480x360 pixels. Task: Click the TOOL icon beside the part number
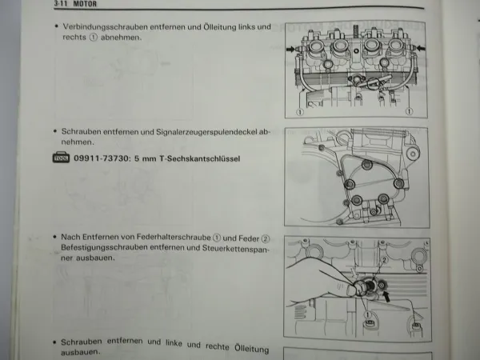click(60, 158)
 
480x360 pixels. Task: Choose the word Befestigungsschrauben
click(102, 249)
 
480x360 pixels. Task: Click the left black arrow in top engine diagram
click(290, 49)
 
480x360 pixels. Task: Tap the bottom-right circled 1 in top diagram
click(414, 112)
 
